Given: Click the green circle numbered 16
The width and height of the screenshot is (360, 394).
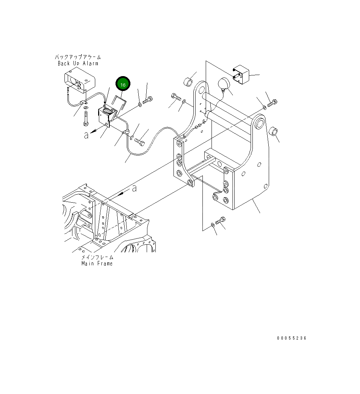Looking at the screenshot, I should pyautogui.click(x=123, y=84).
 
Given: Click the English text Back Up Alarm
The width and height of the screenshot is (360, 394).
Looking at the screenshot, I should pyautogui.click(x=78, y=63).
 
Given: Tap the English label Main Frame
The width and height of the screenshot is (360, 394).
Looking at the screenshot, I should pyautogui.click(x=97, y=264).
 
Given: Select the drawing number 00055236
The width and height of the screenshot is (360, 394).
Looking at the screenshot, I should pyautogui.click(x=292, y=338).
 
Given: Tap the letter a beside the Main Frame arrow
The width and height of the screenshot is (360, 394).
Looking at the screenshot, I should pyautogui.click(x=134, y=188).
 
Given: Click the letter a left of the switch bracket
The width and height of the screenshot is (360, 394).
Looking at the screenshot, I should pyautogui.click(x=86, y=135).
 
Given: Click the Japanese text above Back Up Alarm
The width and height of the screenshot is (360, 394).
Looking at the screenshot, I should pyautogui.click(x=78, y=57).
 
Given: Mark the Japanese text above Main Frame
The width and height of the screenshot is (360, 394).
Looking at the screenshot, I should pyautogui.click(x=97, y=257).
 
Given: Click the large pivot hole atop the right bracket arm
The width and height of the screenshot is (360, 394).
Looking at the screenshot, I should pyautogui.click(x=259, y=124).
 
